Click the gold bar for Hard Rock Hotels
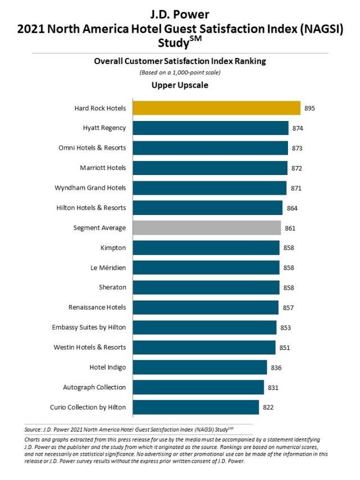pyautogui.click(x=217, y=108)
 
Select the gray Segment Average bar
pyautogui.click(x=207, y=228)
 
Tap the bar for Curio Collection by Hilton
pyautogui.click(x=196, y=407)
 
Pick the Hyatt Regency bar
pyautogui.click(x=210, y=128)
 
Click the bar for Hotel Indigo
pyautogui.click(x=200, y=367)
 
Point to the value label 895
pyautogui.click(x=310, y=108)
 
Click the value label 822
pyautogui.click(x=268, y=407)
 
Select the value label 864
pyautogui.click(x=291, y=208)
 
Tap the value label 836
pyautogui.click(x=276, y=367)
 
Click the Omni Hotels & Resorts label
pyautogui.click(x=92, y=148)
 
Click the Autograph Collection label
pyautogui.click(x=96, y=387)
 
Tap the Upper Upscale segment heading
pyautogui.click(x=180, y=86)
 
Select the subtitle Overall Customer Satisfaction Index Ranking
pyautogui.click(x=180, y=62)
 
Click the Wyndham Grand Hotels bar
pyautogui.click(x=209, y=188)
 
